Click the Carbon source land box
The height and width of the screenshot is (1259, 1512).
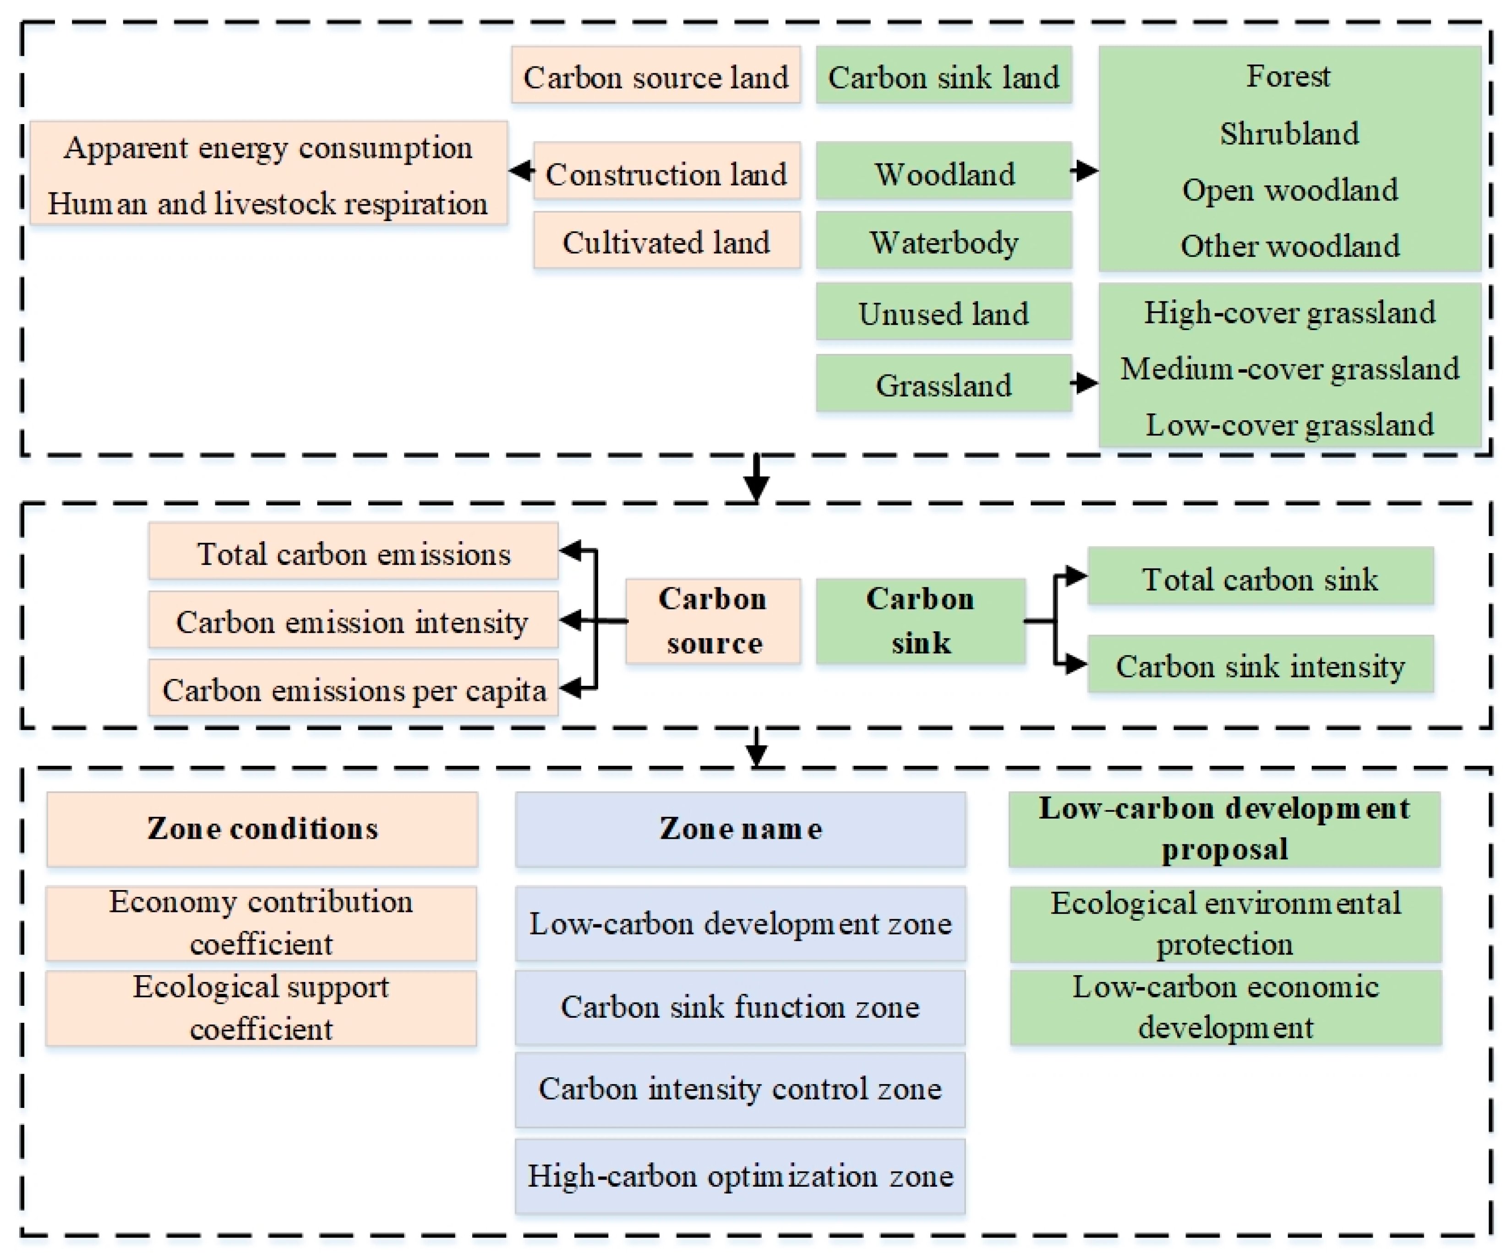(x=655, y=76)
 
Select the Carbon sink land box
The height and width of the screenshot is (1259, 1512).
(x=943, y=76)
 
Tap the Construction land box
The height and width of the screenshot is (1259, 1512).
(x=666, y=173)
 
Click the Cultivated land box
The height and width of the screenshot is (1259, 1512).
(x=666, y=241)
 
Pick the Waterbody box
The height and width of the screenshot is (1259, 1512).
(x=943, y=241)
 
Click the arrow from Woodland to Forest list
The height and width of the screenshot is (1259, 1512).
(x=1084, y=171)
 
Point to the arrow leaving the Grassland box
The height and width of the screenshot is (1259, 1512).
(x=1084, y=383)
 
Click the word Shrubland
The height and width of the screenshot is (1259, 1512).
(x=1289, y=134)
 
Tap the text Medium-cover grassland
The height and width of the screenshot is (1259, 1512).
(x=1289, y=369)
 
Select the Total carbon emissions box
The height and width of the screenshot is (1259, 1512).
(x=353, y=553)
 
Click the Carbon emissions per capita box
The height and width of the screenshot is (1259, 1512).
(x=353, y=689)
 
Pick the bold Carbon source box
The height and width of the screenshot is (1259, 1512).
(x=713, y=620)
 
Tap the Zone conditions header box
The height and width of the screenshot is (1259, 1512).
(x=262, y=829)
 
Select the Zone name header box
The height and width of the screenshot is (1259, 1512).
(x=740, y=829)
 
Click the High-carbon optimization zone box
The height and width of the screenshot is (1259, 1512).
(x=740, y=1176)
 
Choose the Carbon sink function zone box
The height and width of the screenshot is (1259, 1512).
(x=740, y=1006)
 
